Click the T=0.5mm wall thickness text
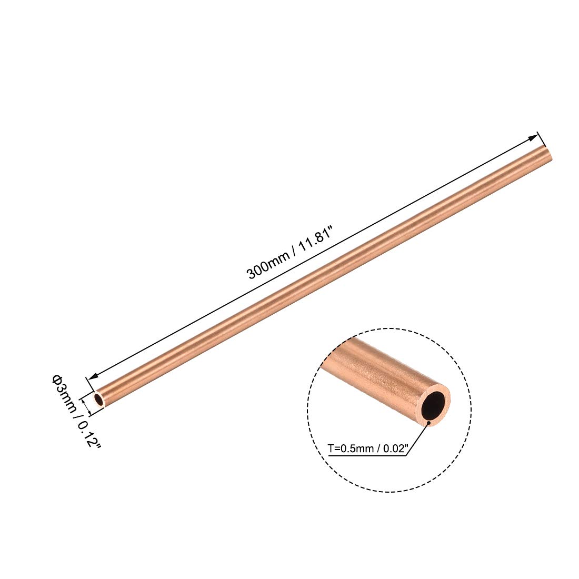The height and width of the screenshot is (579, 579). click(351, 448)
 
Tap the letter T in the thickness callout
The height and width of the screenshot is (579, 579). click(331, 448)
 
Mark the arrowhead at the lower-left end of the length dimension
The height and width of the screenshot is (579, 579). click(94, 376)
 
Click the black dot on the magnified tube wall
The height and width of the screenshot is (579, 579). click(430, 421)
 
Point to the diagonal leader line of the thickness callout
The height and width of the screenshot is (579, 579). click(418, 439)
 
